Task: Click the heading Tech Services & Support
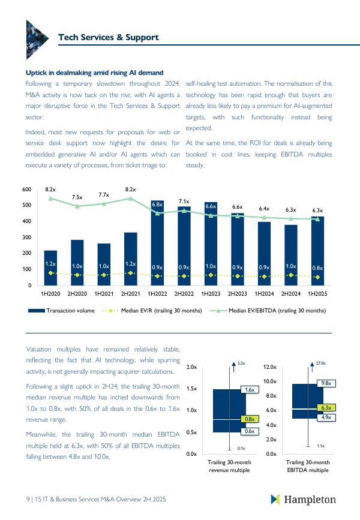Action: (x=108, y=37)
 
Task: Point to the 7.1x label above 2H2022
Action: (x=184, y=202)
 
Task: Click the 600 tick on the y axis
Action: (x=26, y=190)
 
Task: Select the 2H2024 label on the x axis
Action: (x=291, y=294)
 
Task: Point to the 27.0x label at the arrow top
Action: (x=320, y=363)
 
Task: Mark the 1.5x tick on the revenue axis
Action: (x=192, y=389)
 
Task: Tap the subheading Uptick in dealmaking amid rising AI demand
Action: (x=95, y=73)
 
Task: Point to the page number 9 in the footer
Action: (x=28, y=499)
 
